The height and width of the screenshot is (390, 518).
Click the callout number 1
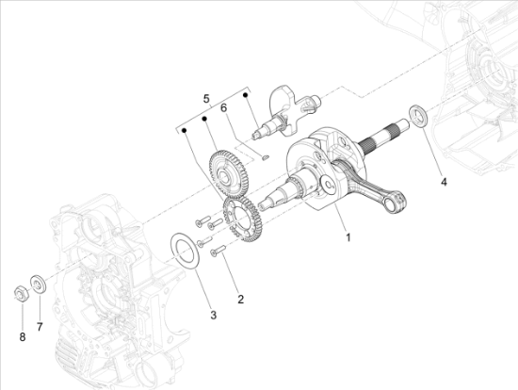[x=348, y=237]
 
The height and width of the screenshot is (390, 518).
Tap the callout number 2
[x=241, y=300]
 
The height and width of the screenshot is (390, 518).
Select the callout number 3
[x=214, y=315]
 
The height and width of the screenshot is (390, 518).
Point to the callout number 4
[x=444, y=182]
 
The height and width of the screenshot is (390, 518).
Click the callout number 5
[x=206, y=99]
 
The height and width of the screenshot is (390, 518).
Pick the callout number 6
[x=224, y=107]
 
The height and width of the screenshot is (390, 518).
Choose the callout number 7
[x=40, y=327]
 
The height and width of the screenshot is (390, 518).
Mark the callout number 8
[x=23, y=337]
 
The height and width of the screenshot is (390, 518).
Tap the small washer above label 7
[x=38, y=284]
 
